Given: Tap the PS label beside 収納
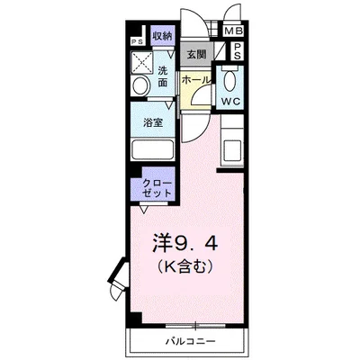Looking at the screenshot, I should pyautogui.click(x=138, y=42).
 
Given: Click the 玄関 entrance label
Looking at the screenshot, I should pyautogui.click(x=197, y=53).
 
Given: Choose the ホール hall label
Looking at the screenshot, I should pyautogui.click(x=196, y=81).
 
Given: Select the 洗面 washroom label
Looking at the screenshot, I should pyautogui.click(x=163, y=76).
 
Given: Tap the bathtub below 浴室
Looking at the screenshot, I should pyautogui.click(x=157, y=148).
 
